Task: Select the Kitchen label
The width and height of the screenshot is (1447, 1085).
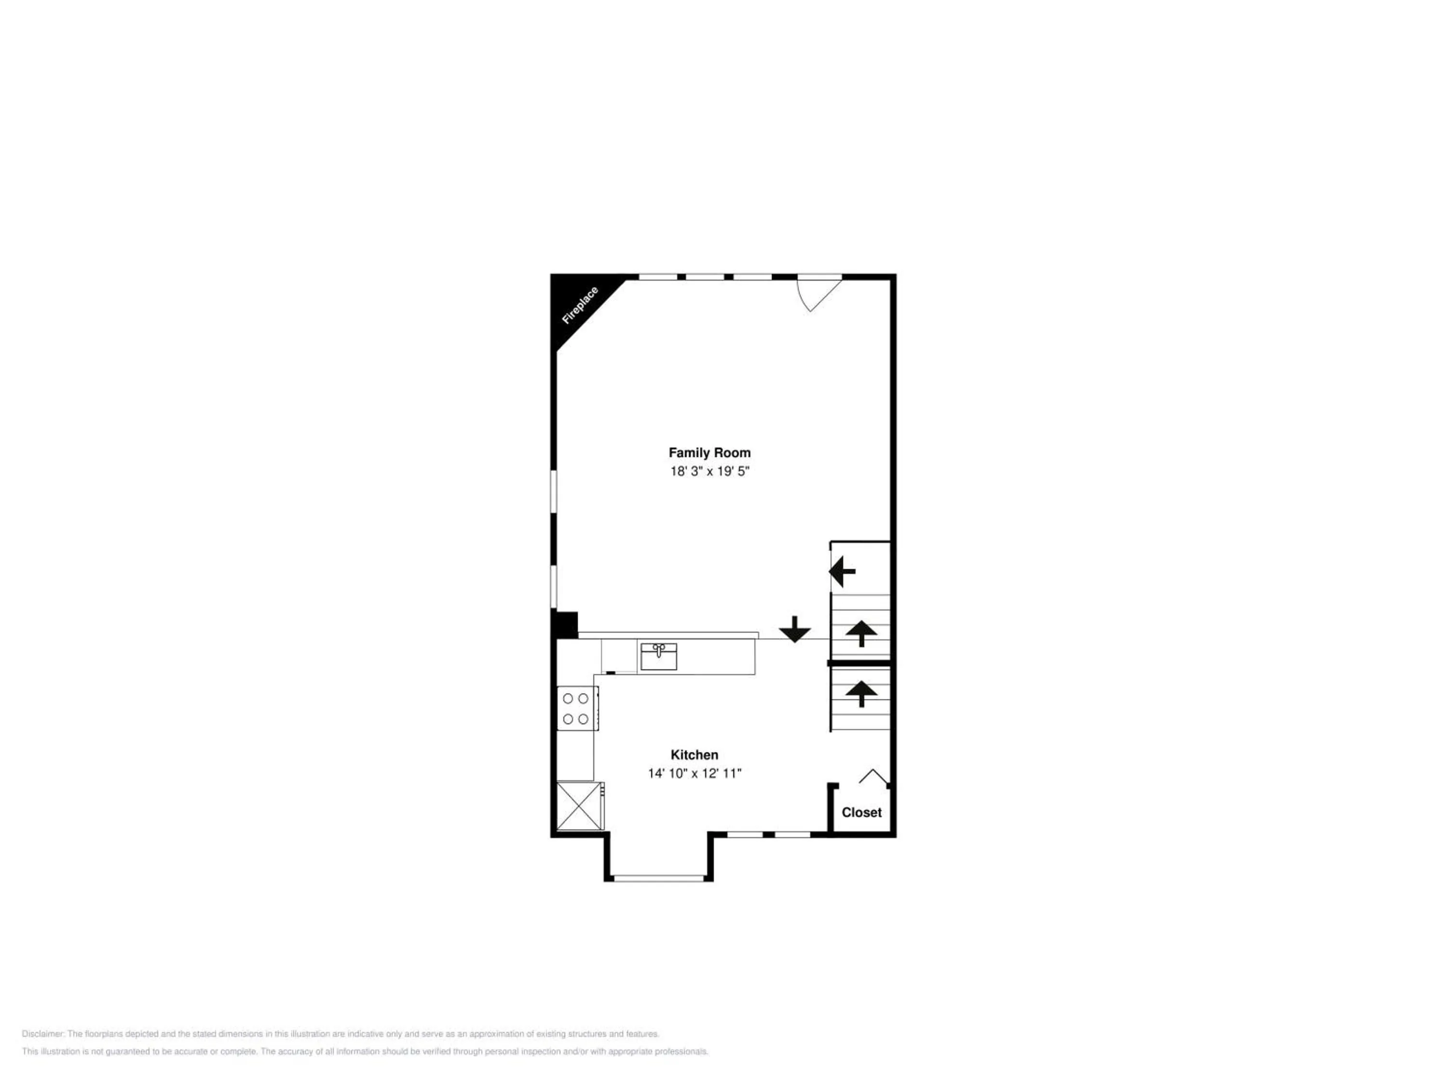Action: coord(694,755)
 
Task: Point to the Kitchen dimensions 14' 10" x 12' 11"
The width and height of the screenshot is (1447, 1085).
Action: coord(694,773)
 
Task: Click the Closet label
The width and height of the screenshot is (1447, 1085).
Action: coord(861,812)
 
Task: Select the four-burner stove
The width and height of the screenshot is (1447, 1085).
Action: coord(576,708)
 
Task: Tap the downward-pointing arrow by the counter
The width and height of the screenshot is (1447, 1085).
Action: coord(795,629)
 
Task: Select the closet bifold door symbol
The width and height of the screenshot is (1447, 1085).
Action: coord(874,776)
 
